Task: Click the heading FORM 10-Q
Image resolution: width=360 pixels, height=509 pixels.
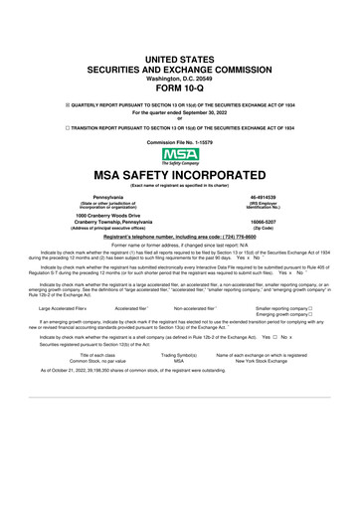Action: point(179,83)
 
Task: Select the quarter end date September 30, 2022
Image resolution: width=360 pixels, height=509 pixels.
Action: point(179,112)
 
